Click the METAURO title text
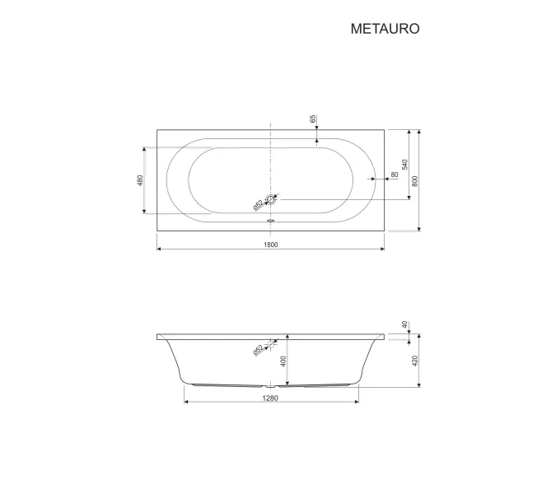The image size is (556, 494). click(385, 29)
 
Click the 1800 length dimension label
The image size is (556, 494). click(271, 245)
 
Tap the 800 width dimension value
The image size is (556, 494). click(415, 181)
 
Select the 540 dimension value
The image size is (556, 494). click(405, 165)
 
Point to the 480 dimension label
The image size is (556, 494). click(140, 180)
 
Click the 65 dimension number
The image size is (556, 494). click(313, 119)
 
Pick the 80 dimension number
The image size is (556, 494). click(395, 175)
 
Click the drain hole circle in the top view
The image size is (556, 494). click(271, 200)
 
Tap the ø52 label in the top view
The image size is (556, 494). click(259, 205)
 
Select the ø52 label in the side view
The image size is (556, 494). click(259, 350)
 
